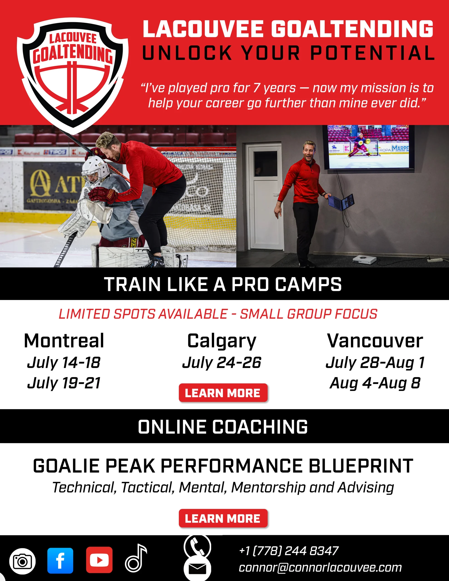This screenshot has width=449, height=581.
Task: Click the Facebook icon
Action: pos(60,561)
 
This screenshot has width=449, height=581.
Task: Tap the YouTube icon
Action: pos(99,560)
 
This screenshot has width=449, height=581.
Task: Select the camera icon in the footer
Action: pos(22,561)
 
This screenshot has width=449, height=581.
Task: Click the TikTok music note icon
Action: pos(136,558)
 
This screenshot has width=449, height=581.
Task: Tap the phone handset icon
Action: pos(197,547)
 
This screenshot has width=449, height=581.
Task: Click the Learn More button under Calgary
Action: pos(223,393)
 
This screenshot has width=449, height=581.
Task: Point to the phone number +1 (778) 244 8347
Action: pos(289,550)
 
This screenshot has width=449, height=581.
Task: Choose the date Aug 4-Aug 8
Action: pos(375,383)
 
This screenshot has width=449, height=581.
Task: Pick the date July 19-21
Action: pos(64,383)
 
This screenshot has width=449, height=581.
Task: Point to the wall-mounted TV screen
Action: pos(368,147)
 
